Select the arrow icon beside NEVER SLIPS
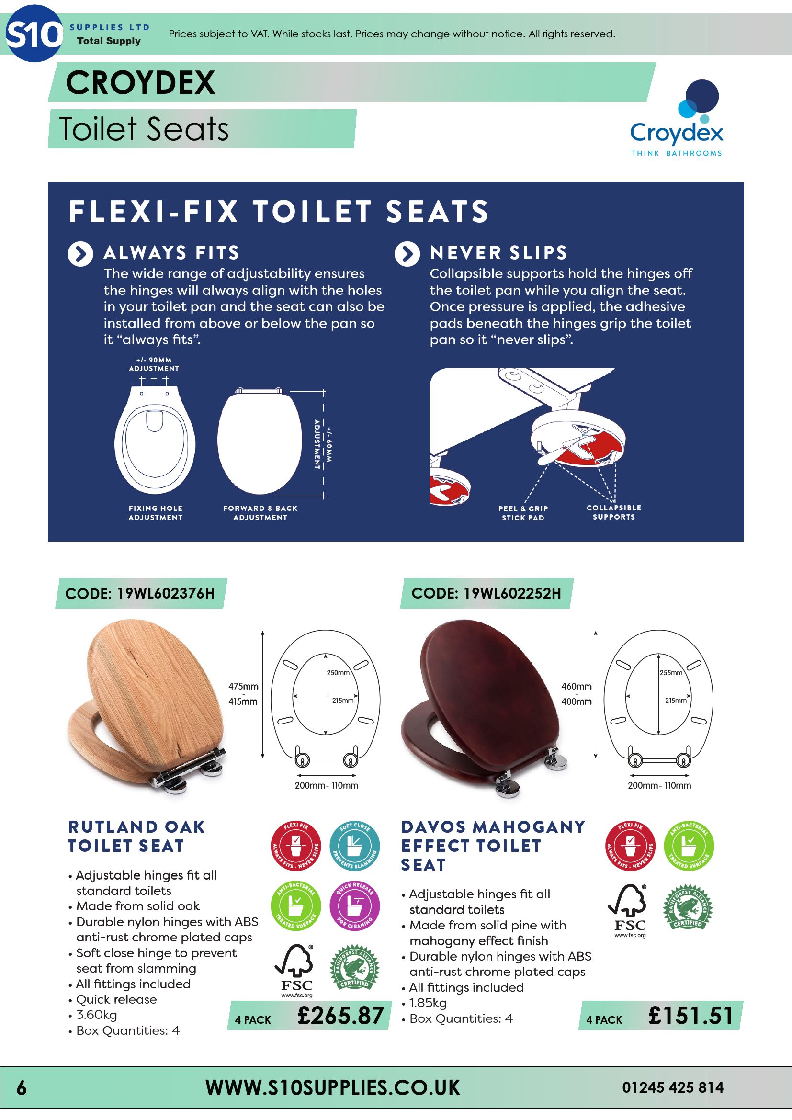pyautogui.click(x=407, y=254)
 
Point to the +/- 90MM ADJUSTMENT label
pyautogui.click(x=154, y=364)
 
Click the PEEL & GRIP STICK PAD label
pyautogui.click(x=523, y=513)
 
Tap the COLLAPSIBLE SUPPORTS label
pyautogui.click(x=614, y=512)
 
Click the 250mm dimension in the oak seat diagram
pyautogui.click(x=338, y=673)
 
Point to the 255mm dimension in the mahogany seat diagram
pyautogui.click(x=671, y=673)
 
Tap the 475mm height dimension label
pyautogui.click(x=243, y=686)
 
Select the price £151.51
pyautogui.click(x=690, y=1016)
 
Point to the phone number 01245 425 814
pyautogui.click(x=672, y=1087)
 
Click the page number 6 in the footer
pyautogui.click(x=22, y=1088)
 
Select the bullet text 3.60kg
pyautogui.click(x=97, y=1015)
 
